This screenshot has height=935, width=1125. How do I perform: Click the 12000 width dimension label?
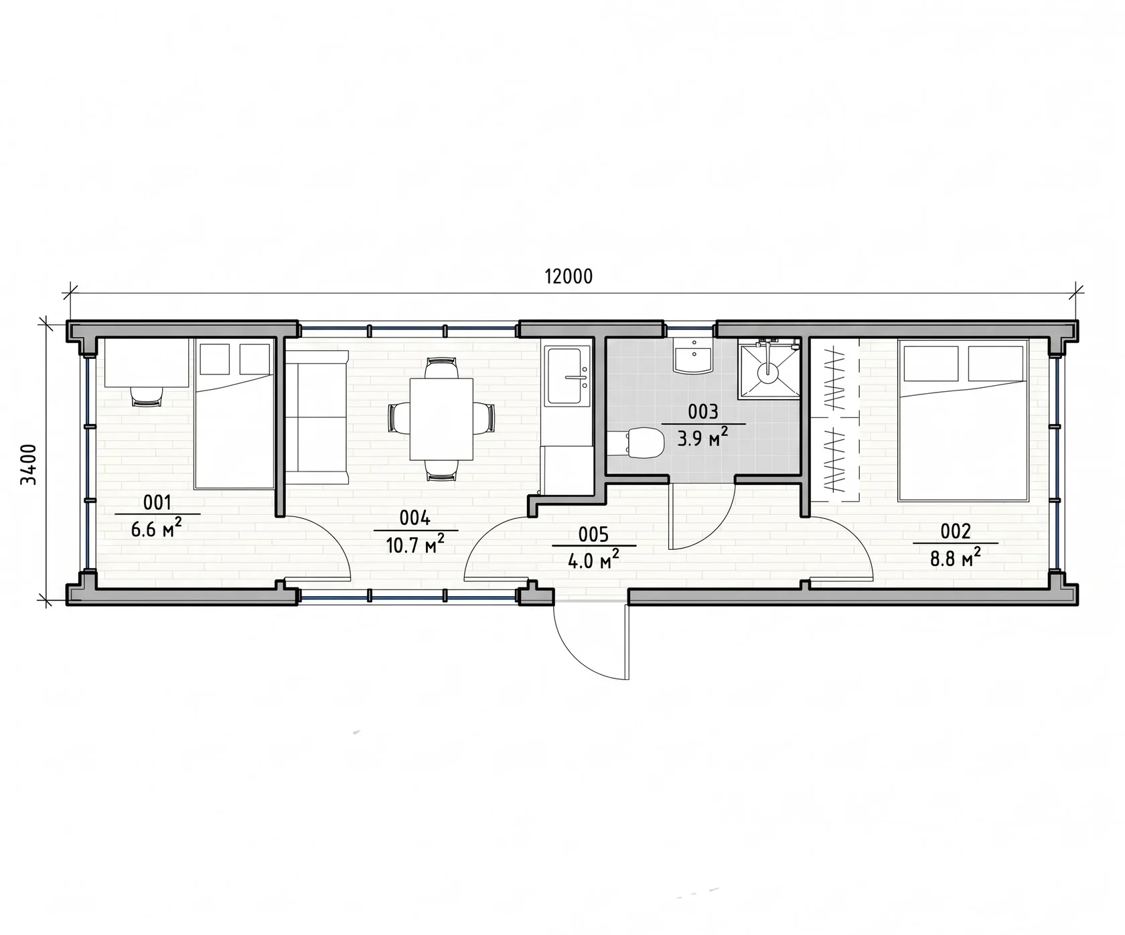pos(568,276)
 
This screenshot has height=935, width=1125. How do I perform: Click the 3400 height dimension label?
pos(28,463)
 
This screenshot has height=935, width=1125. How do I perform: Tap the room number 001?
pos(157,502)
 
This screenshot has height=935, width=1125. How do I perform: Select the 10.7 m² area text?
pos(415,545)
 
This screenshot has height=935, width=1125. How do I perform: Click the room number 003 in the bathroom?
pos(702,412)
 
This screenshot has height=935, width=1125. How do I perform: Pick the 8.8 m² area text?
pos(956,557)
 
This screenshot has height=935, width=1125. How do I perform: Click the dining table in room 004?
pos(441,419)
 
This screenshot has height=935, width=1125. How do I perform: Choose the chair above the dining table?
pos(441,368)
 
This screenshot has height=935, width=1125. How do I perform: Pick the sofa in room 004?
pos(317,417)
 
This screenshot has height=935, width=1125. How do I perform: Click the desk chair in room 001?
pos(147,397)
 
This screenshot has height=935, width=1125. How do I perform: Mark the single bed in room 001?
pos(234,413)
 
